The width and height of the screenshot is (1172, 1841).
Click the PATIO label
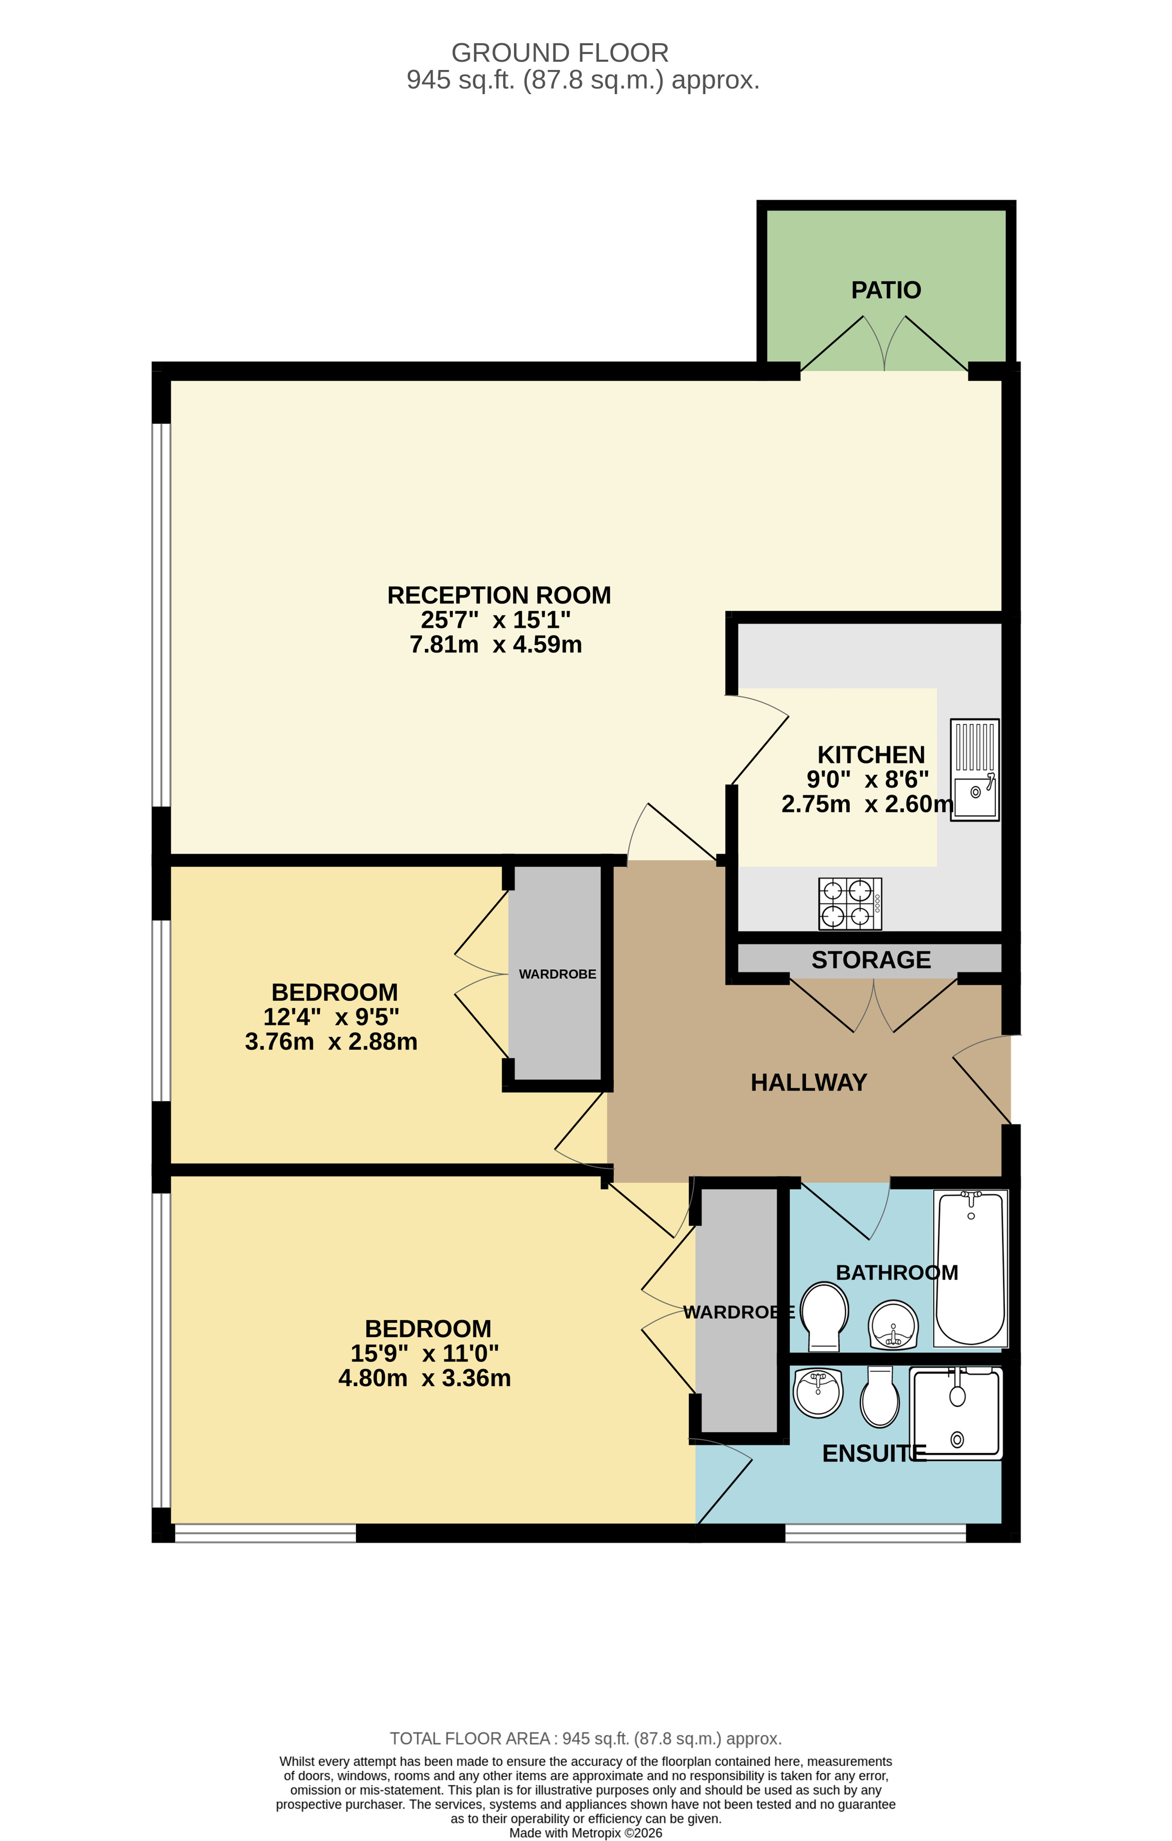885,291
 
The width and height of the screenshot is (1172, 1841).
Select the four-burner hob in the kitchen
849,904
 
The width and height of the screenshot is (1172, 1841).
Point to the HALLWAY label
808,1083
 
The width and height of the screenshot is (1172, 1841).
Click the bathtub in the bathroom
970,1269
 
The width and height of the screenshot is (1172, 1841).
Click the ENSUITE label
873,1454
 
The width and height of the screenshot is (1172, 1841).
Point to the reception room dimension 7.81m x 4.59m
495,645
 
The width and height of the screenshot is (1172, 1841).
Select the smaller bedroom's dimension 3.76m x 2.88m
331,1041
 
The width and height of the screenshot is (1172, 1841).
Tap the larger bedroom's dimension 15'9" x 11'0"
424,1353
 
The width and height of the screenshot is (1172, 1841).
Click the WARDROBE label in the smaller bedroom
557,974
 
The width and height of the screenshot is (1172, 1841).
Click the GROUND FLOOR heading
560,53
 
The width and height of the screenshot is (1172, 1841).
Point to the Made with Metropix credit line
585,1833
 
